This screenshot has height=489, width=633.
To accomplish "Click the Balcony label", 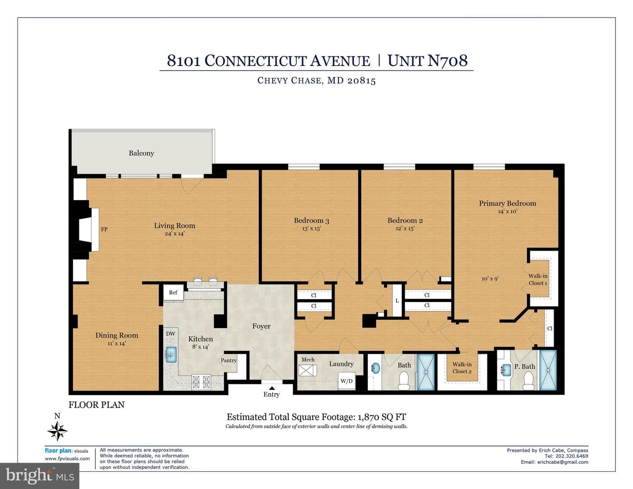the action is (x=141, y=153).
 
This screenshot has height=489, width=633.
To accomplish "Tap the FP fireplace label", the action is (x=104, y=230).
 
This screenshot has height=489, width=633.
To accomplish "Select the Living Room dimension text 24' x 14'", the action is (x=175, y=234).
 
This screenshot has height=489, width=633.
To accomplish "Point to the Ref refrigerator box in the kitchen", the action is (x=173, y=292).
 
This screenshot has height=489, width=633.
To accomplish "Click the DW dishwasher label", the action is (x=171, y=334).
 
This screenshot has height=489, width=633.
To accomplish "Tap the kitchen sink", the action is (x=171, y=354).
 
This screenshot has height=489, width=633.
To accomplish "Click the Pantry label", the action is (x=229, y=361).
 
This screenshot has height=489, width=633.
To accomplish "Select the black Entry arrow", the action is (x=272, y=388).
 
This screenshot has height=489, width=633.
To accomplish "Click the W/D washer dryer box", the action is (x=347, y=380).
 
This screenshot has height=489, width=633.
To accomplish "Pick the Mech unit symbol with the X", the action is (x=307, y=371).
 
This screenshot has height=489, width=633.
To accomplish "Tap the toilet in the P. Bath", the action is (x=528, y=381).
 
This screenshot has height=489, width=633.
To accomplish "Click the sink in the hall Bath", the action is (x=376, y=369).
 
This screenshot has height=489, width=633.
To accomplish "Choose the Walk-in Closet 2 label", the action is (x=462, y=368).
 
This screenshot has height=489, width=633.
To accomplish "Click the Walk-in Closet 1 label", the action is (x=538, y=280).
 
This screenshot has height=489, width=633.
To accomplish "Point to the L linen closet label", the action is (x=397, y=301).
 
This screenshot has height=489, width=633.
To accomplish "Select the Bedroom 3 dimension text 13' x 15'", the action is (x=311, y=229).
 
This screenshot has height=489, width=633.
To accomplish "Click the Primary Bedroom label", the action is (x=507, y=203).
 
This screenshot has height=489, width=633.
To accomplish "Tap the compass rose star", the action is (x=58, y=431).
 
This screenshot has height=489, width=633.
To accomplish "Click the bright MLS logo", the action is (x=40, y=476).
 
